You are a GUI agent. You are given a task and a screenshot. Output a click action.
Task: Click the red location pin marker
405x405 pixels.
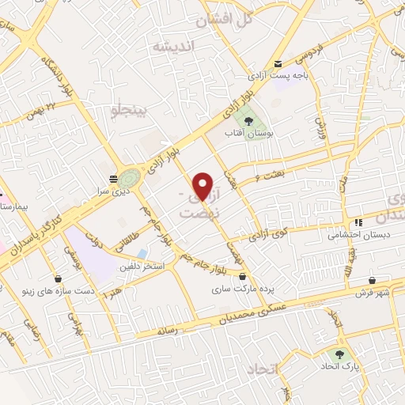(x=203, y=186)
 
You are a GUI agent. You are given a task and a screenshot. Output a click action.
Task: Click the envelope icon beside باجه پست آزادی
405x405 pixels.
(x=278, y=64)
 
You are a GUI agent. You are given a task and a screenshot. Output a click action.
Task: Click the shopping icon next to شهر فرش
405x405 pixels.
(x=372, y=280)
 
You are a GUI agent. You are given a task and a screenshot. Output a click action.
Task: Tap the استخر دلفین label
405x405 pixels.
(x=142, y=267)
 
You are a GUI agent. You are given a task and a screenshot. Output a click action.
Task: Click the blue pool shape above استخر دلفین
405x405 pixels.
(x=142, y=254)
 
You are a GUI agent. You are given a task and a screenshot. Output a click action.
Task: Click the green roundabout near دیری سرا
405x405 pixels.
(x=131, y=179)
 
